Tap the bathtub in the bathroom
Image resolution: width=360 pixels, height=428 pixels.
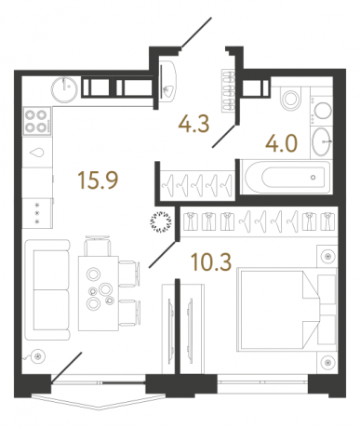click(277, 176)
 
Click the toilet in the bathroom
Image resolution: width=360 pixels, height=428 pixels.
click(287, 100)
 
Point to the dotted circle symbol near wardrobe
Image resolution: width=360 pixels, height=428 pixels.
click(162, 221)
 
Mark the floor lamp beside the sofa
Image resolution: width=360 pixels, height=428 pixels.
click(36, 355)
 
